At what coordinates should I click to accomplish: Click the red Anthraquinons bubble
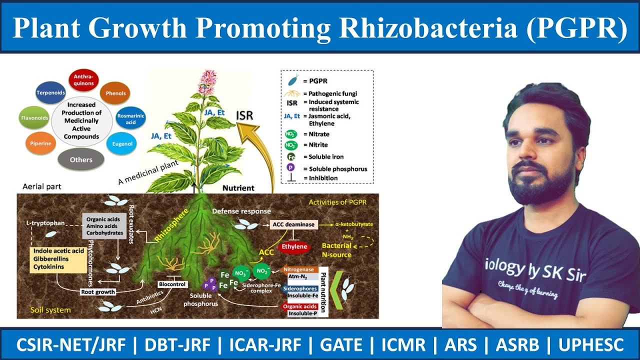tap(83, 79)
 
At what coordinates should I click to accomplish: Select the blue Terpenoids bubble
tap(50, 93)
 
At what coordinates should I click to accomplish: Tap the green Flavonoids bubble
tap(34, 118)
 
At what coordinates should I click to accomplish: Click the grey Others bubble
tap(81, 159)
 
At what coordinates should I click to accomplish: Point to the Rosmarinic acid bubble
tap(130, 119)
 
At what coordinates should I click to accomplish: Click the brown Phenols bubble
tap(115, 93)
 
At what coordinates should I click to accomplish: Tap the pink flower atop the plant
tap(206, 81)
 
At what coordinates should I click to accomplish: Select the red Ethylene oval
tap(294, 246)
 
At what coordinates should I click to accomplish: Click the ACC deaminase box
tap(294, 225)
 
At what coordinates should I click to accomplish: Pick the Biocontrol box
tap(172, 284)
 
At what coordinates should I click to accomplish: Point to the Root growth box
tap(98, 291)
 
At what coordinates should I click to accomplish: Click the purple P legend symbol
tap(290, 168)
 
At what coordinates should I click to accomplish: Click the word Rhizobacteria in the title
tap(427, 28)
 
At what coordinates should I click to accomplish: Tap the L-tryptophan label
tap(45, 223)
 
